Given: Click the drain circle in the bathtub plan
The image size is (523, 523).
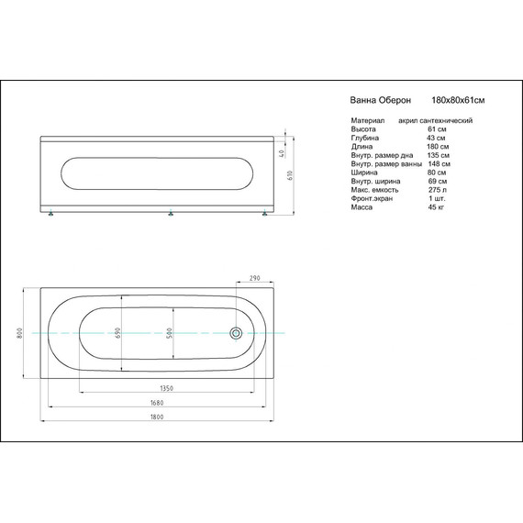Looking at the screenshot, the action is [236, 333].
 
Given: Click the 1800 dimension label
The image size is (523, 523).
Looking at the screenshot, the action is [157, 417].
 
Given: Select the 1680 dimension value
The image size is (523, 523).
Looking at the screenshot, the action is [157, 403].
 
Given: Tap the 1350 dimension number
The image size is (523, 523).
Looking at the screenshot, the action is [167, 388].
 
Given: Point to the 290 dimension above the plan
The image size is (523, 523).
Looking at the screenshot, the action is [255, 278].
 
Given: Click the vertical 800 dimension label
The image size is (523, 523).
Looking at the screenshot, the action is [19, 333].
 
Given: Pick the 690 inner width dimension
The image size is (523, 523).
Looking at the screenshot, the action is [117, 333].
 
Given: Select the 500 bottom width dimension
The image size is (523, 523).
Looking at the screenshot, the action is [170, 333].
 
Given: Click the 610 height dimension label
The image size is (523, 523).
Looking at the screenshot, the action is [290, 175].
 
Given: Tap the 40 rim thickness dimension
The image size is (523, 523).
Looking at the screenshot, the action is [282, 154].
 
